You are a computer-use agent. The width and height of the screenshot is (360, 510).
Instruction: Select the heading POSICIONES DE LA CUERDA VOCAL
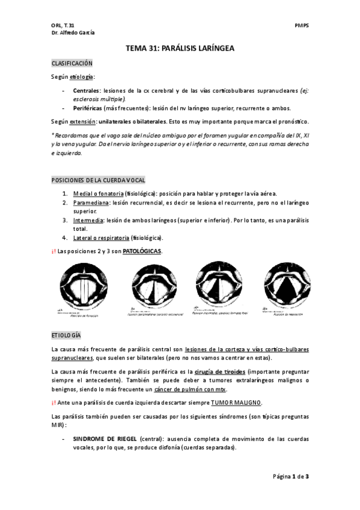tap(98, 180)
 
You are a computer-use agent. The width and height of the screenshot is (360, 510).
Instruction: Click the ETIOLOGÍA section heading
tap(66, 334)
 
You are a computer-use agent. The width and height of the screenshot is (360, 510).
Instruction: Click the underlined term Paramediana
tap(90, 203)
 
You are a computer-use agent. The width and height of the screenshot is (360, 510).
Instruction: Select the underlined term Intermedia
tap(88, 220)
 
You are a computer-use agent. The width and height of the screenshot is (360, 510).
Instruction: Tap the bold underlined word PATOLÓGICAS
tap(142, 251)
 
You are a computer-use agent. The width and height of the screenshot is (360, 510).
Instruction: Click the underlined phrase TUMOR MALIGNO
tap(236, 402)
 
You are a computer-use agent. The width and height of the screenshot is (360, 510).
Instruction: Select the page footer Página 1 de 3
tap(290, 477)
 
